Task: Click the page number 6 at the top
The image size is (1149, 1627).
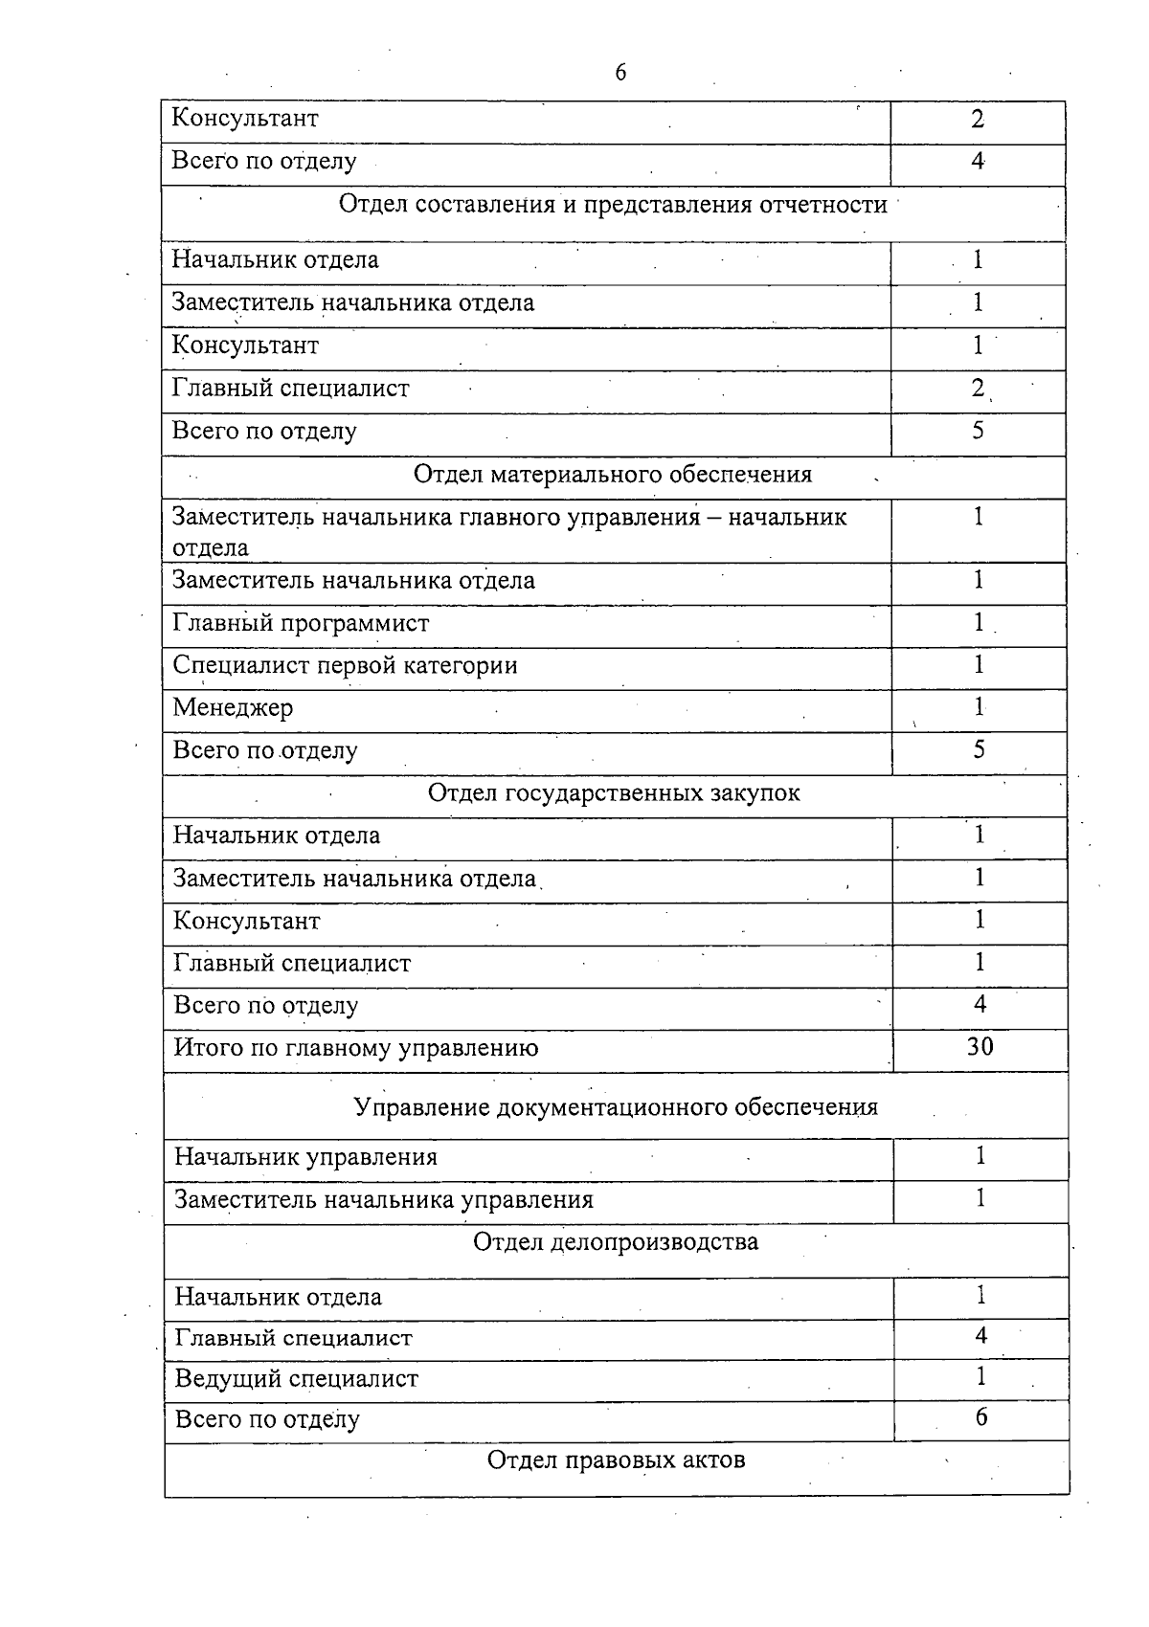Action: tap(620, 73)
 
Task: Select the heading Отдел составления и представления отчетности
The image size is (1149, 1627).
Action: tap(613, 205)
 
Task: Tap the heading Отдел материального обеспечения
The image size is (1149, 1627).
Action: tap(613, 475)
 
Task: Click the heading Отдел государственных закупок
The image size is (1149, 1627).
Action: tap(614, 793)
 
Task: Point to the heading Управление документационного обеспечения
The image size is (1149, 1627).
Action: tap(616, 1107)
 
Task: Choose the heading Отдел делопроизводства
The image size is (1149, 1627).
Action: tap(617, 1242)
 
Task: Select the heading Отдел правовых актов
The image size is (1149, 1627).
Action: tap(617, 1460)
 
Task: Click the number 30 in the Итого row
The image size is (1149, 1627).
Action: tap(980, 1046)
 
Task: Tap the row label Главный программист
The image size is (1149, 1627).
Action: tap(301, 624)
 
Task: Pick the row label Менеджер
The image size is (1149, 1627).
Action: tap(233, 708)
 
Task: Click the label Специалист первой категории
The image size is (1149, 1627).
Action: tap(345, 666)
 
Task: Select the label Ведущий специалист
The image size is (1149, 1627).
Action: tap(297, 1379)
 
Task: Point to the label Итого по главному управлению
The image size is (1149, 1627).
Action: tap(355, 1048)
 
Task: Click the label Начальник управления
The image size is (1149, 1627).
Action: tap(305, 1158)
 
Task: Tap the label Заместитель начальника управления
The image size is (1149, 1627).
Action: tap(383, 1200)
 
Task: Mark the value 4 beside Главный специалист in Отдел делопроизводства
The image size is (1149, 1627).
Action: tap(980, 1336)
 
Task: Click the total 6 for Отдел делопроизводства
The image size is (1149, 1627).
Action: tap(980, 1417)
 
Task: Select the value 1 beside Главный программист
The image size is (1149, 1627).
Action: tap(979, 623)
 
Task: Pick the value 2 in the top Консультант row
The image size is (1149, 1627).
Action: tap(977, 120)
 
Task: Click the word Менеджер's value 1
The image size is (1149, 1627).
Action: tap(979, 707)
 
